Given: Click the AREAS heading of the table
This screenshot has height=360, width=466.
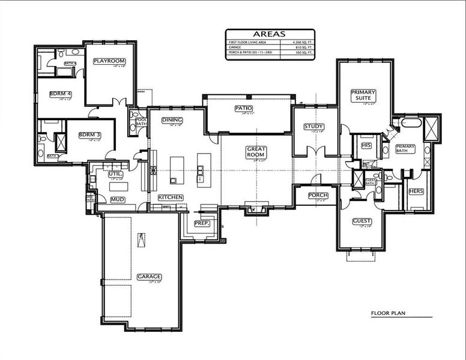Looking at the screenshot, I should [270, 34].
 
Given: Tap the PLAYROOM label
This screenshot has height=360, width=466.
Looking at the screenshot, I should [109, 61].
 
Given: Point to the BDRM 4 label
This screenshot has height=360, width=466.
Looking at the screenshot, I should [60, 94].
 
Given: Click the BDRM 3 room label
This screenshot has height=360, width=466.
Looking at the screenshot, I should [89, 135].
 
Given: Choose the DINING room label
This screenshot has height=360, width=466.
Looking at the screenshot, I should [172, 120].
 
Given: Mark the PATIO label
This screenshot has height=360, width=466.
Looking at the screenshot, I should [243, 108].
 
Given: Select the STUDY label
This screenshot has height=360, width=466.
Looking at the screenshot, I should [313, 127].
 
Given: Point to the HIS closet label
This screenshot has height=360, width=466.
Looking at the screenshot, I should [366, 145].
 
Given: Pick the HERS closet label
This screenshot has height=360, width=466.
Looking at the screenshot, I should [416, 191].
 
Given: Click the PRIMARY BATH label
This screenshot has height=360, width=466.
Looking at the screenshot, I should [405, 149].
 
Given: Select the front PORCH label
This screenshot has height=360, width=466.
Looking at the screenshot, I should [318, 196].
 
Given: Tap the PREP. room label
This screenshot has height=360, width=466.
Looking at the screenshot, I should [201, 223].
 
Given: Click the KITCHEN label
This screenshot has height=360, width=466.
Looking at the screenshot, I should [171, 197].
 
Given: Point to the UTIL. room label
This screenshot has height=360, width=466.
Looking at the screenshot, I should [116, 173].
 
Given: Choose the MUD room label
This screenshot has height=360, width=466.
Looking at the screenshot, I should [117, 199].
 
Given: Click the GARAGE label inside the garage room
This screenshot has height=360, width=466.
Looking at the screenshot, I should [149, 277].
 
